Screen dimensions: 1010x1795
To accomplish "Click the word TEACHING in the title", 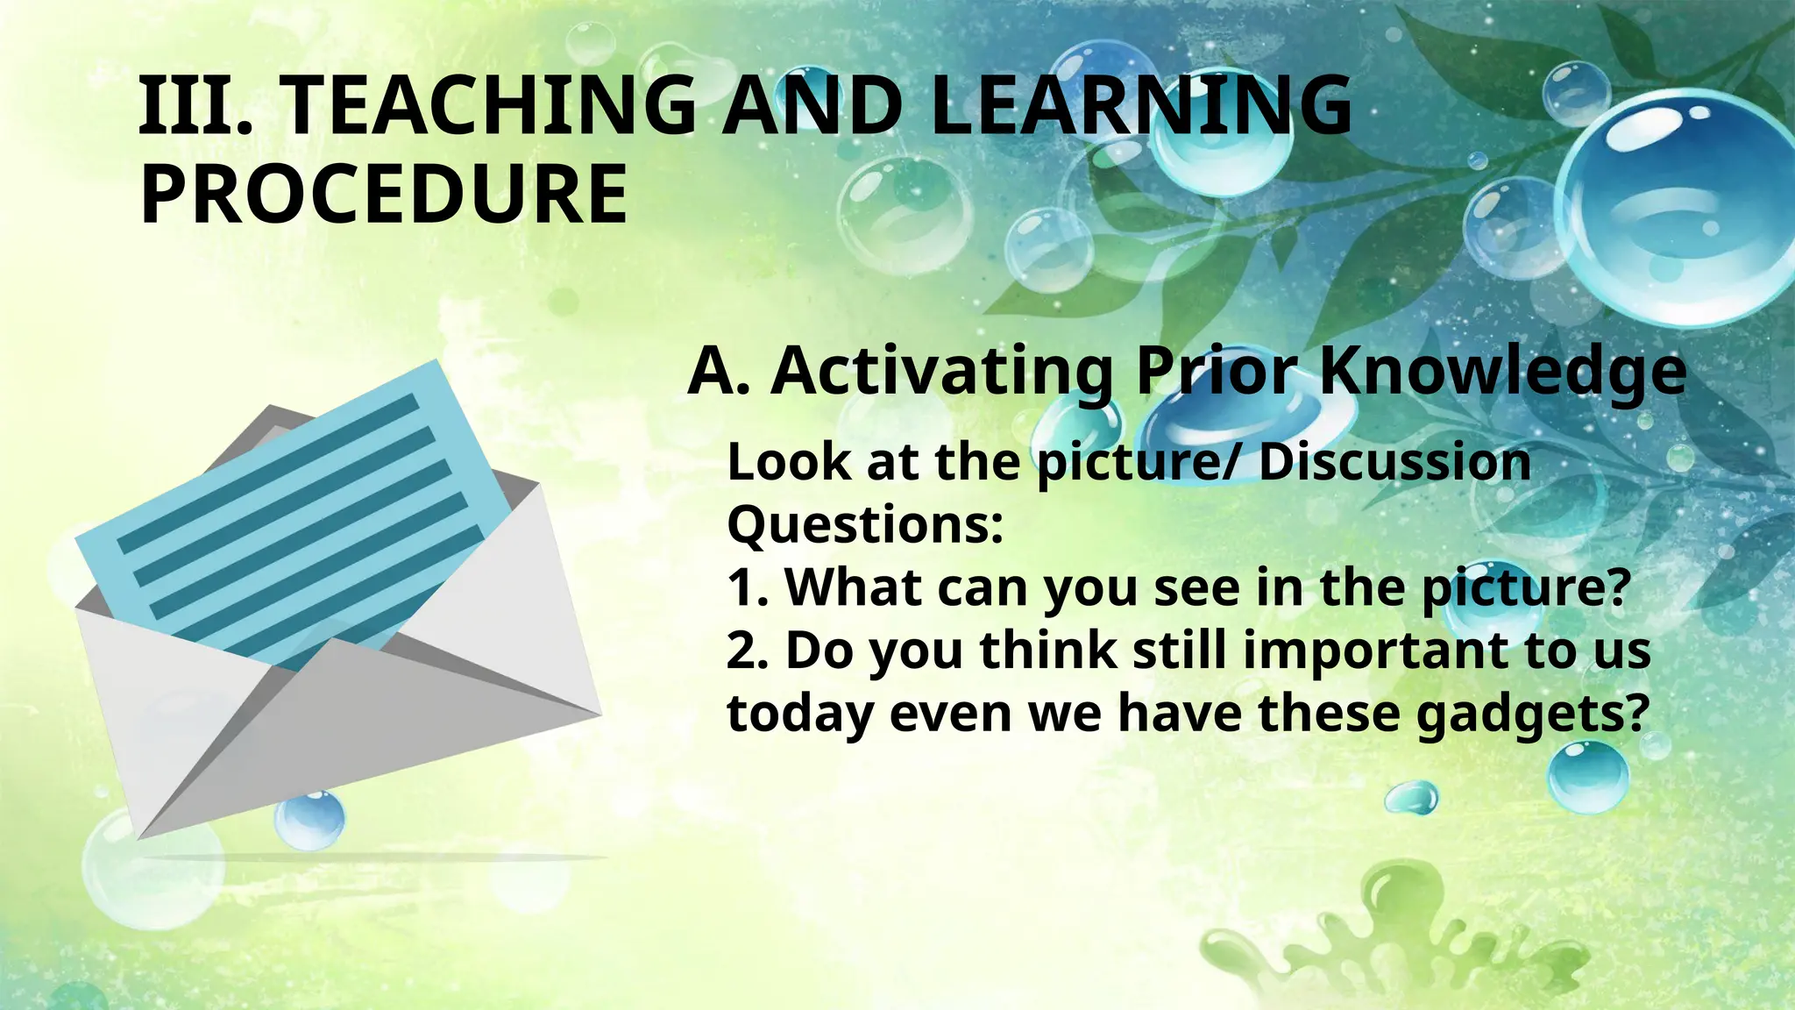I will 491,107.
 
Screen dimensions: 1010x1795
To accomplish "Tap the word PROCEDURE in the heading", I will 383,195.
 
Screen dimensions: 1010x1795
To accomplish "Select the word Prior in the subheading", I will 1217,371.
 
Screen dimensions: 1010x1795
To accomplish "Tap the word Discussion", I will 1394,462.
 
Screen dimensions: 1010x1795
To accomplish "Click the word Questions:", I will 865,525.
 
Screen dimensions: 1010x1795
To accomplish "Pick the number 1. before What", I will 748,587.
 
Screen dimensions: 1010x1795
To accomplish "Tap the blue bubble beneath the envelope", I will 309,819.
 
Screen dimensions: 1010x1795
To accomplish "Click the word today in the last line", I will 800,715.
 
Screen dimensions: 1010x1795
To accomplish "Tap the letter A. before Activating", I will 718,373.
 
